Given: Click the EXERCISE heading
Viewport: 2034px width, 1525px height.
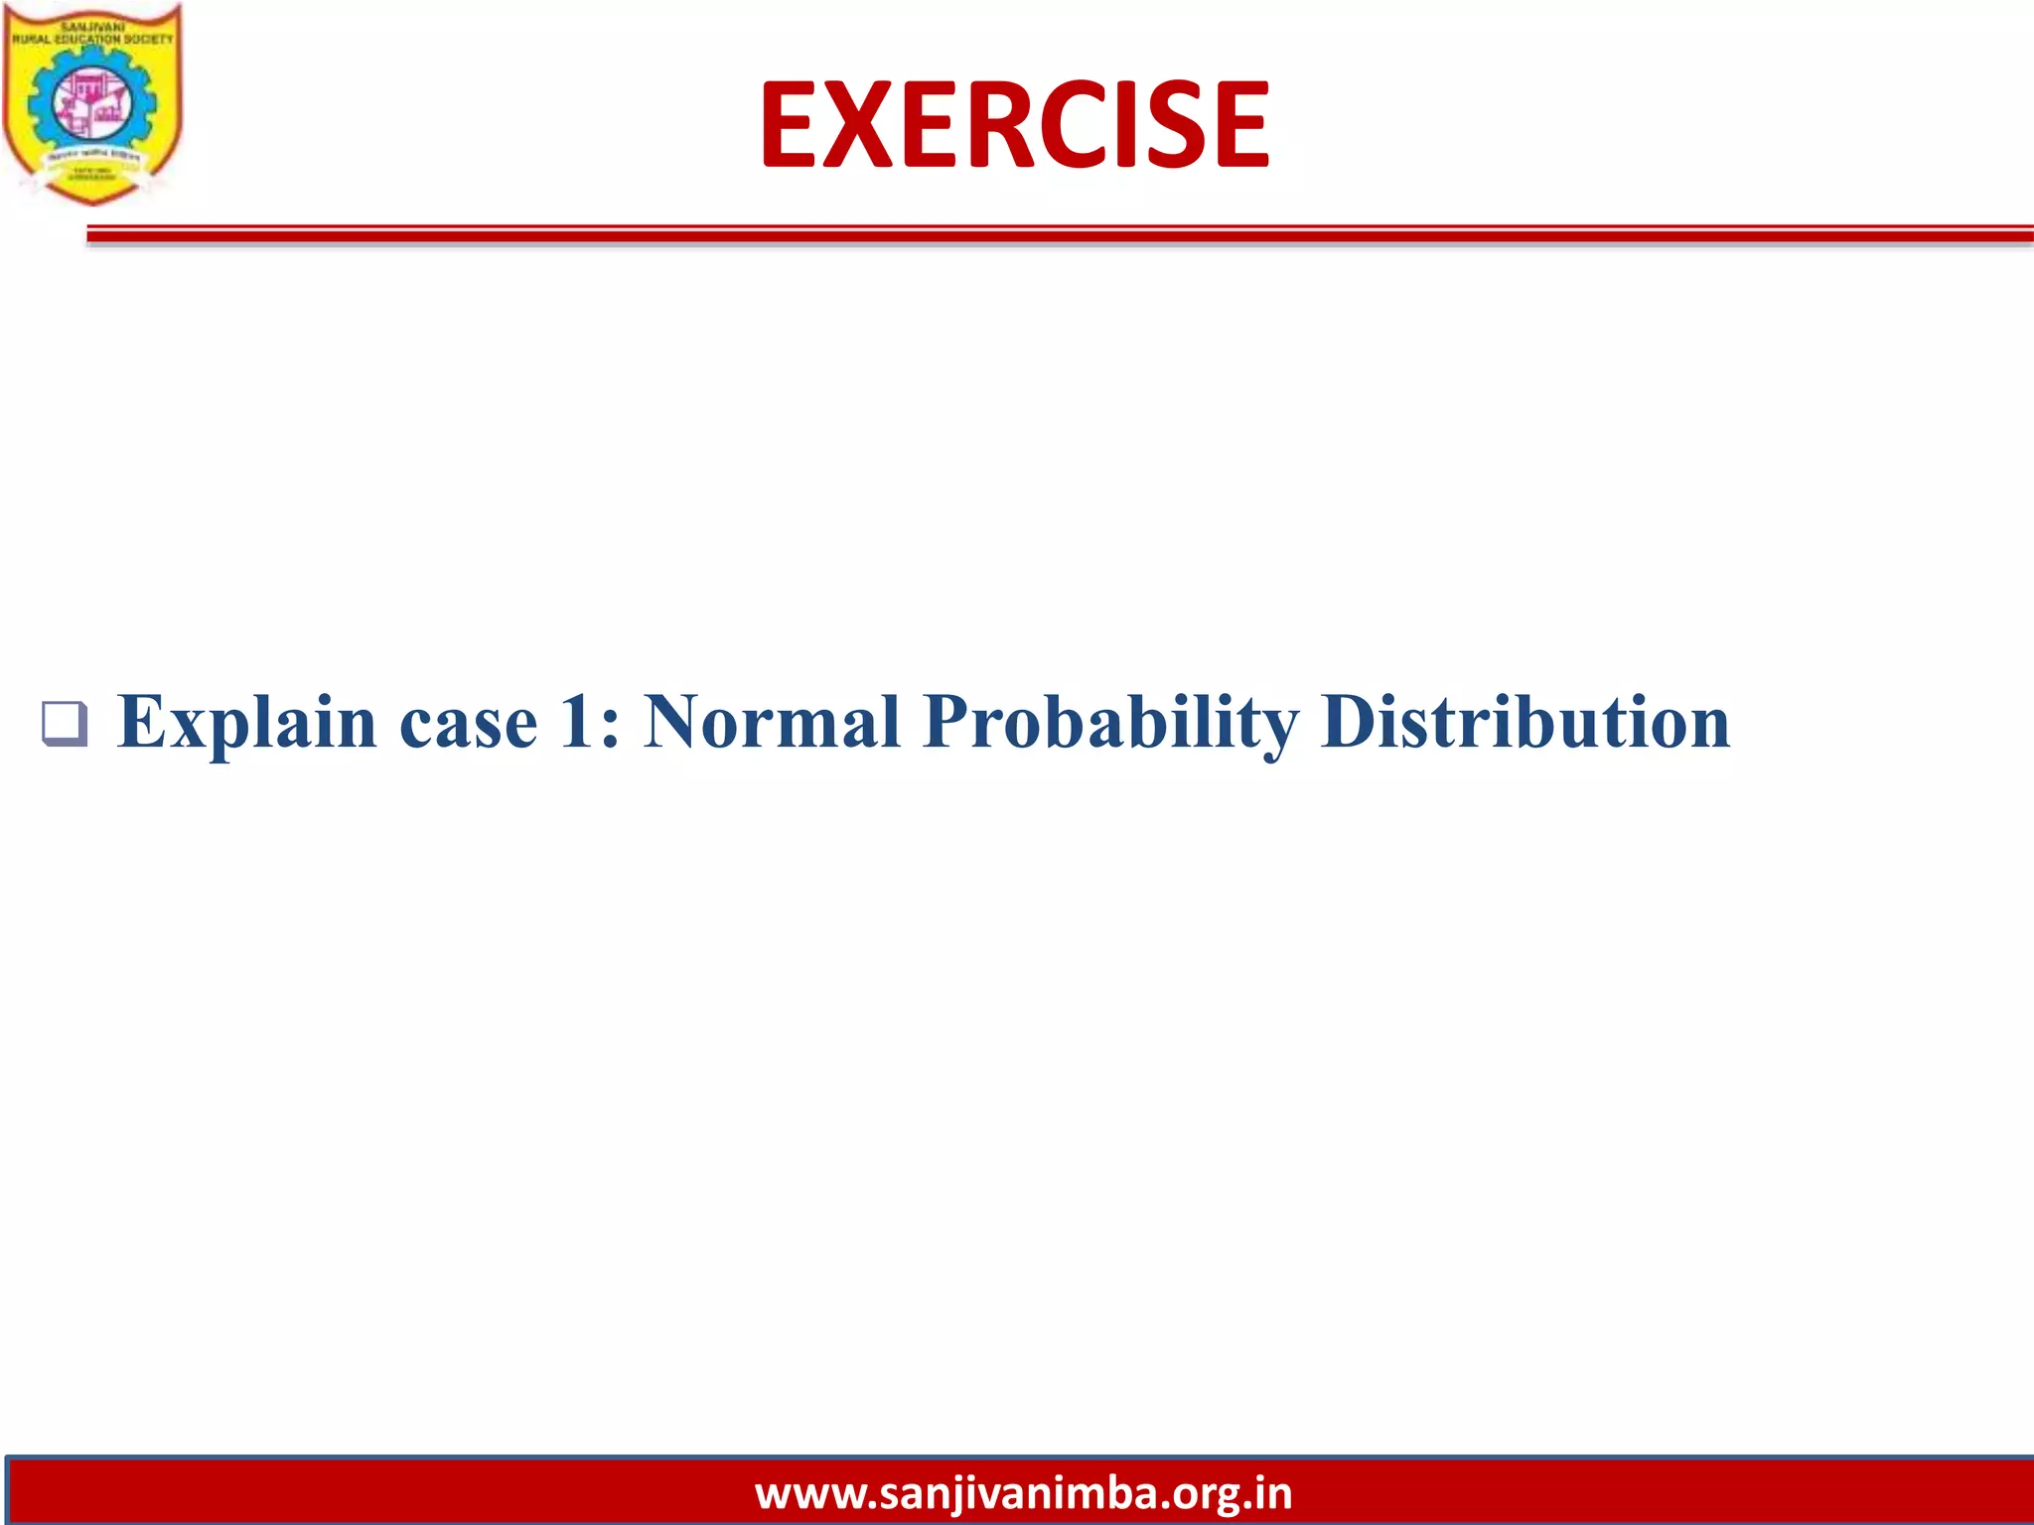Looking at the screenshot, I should click(1014, 125).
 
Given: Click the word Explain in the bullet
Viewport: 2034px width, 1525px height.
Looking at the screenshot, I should click(246, 723).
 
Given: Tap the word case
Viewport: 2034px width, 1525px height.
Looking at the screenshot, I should click(468, 723).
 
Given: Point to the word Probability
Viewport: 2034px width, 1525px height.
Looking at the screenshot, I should click(1110, 723).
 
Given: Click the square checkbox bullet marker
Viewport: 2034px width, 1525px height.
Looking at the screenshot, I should click(64, 724).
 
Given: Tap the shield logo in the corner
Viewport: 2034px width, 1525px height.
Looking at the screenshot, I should click(92, 104).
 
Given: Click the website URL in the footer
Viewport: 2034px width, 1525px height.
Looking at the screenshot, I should click(1023, 1493).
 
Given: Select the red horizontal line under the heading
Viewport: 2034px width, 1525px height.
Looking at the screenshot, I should click(1059, 235).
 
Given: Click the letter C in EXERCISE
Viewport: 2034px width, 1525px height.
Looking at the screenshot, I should click(1079, 125).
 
